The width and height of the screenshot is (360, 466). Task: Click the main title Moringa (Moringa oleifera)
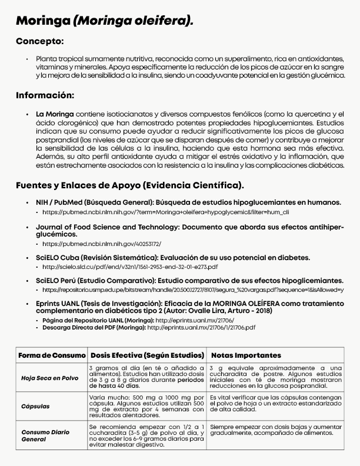104,22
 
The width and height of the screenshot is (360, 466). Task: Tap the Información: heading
45,95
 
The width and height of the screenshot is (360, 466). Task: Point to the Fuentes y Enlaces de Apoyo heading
129,185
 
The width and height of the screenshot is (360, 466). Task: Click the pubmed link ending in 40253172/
102,243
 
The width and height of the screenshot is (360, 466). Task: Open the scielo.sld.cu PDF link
130,267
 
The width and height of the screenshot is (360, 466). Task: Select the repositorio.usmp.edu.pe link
193,290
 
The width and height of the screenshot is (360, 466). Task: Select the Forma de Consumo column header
52,355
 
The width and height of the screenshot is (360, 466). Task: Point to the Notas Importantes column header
246,355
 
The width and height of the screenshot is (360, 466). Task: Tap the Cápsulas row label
35,406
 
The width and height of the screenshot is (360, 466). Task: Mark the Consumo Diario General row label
46,435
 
